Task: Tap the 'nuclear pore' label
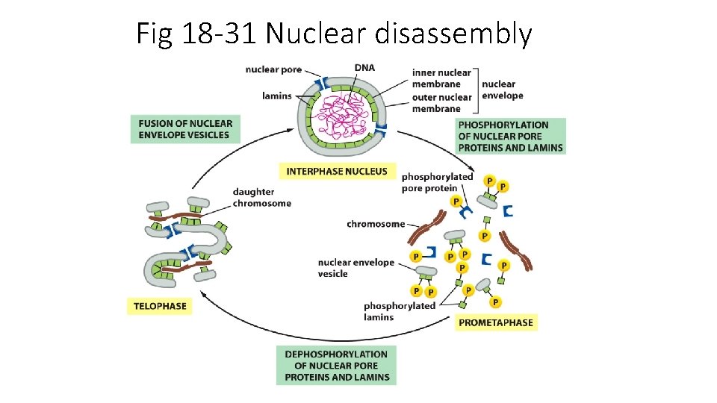[273, 70]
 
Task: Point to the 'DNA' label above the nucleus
[364, 68]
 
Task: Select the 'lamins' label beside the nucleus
[276, 96]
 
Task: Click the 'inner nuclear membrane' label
[441, 78]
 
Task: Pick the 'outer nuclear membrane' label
[441, 103]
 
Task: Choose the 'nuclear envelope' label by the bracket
[502, 90]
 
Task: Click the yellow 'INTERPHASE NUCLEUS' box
[337, 171]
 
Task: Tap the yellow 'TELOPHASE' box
[160, 305]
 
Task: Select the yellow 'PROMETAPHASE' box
[495, 322]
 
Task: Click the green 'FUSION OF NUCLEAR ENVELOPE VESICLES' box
[185, 129]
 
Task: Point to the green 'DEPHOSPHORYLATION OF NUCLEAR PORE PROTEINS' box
[336, 366]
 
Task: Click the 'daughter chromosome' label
[261, 198]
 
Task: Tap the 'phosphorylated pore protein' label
[437, 182]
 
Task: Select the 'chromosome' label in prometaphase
[376, 224]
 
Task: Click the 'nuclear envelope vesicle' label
[356, 268]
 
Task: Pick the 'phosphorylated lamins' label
[399, 311]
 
